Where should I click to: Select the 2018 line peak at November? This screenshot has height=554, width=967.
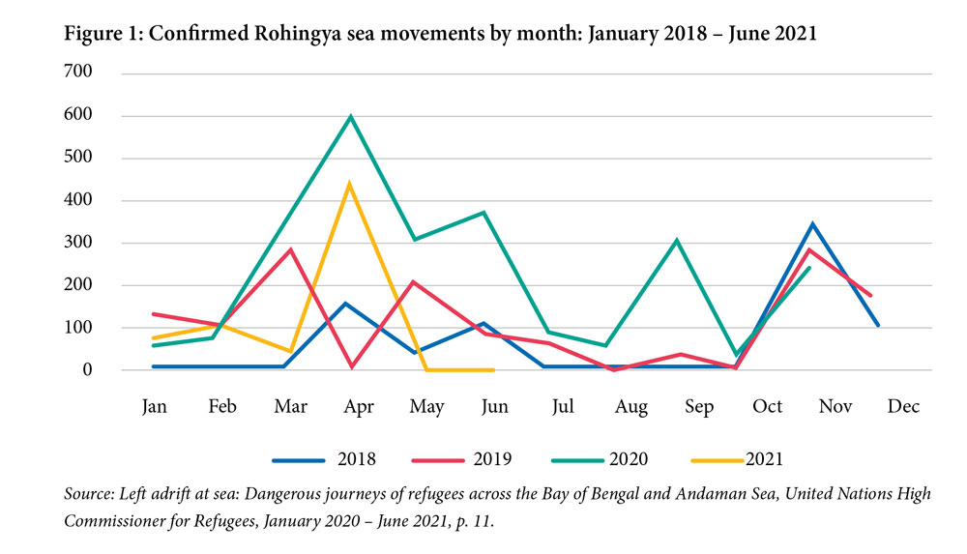812,224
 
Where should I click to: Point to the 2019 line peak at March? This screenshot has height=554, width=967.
290,249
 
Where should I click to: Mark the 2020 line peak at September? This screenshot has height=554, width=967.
677,240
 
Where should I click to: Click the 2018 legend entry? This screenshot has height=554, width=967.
324,458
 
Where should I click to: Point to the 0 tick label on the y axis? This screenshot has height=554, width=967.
86,370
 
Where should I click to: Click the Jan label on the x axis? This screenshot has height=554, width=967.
154,407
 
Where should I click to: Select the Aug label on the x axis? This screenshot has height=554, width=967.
631,407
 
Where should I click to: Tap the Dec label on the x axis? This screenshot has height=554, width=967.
904,407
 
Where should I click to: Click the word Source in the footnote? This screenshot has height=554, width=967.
87,494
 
